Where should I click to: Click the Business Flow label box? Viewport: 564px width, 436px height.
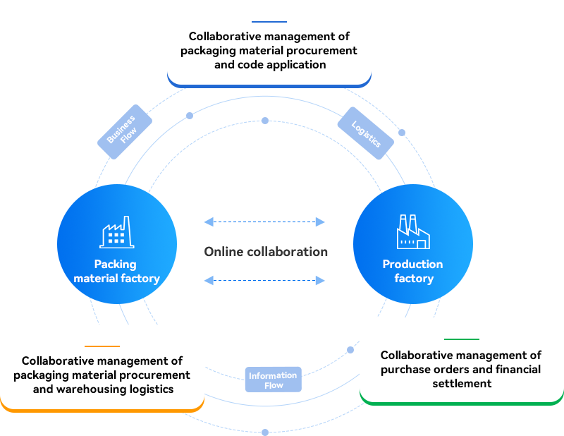[124, 132]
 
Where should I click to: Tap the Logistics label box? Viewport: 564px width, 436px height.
[365, 133]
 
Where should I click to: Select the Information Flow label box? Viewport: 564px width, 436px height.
[273, 380]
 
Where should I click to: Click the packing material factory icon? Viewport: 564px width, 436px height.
[117, 232]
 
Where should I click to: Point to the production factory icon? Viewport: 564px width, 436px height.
[413, 232]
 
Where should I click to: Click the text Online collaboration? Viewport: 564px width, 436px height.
[266, 252]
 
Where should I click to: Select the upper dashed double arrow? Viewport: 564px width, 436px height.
[264, 222]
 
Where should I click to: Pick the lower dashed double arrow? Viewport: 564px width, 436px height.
[264, 281]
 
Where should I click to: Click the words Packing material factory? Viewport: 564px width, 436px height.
[117, 272]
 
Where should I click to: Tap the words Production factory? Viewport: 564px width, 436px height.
[413, 272]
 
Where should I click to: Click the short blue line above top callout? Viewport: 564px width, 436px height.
[269, 22]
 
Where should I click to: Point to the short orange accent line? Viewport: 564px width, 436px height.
[102, 346]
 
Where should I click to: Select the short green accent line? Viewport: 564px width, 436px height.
[461, 339]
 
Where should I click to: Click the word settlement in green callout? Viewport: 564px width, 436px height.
[462, 383]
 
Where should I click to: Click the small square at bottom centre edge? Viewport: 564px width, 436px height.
[265, 431]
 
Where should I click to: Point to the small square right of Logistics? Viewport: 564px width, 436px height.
[402, 132]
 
